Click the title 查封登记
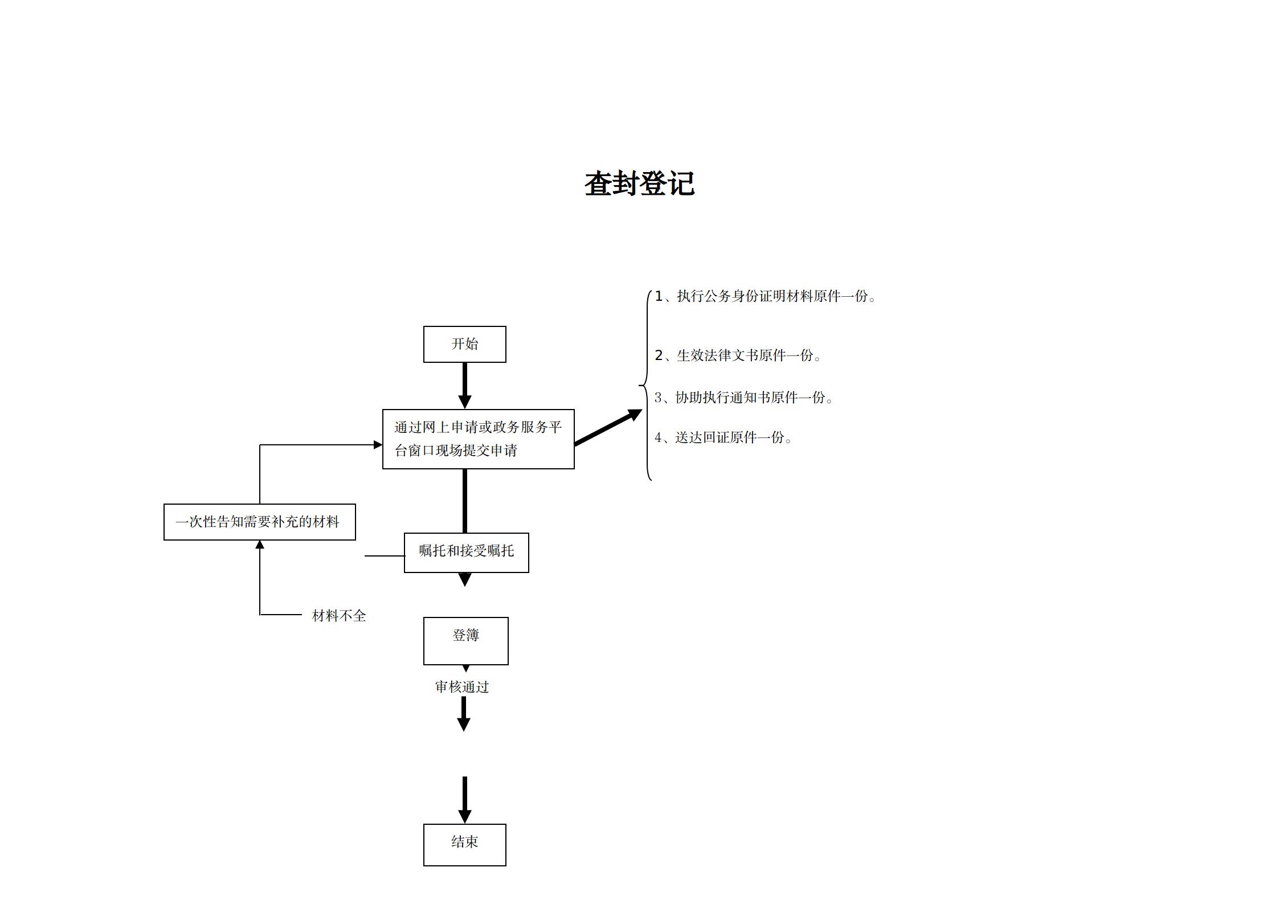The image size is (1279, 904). [639, 184]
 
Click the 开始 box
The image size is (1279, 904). [464, 344]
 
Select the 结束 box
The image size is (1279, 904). [464, 845]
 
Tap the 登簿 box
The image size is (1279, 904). [465, 641]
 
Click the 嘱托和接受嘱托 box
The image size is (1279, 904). [466, 553]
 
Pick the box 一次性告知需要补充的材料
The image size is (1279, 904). [259, 522]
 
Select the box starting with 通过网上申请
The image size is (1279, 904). [478, 439]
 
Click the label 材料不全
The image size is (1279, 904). [338, 616]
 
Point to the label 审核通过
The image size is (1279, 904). [462, 687]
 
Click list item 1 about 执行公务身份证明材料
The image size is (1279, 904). [765, 296]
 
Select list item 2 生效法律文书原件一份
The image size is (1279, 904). [737, 355]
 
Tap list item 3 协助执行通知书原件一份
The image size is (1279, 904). [743, 398]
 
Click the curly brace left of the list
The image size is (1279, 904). [647, 386]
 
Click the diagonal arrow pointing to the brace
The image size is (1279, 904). [607, 427]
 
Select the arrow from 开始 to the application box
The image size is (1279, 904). [464, 385]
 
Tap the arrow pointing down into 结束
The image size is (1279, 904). [464, 799]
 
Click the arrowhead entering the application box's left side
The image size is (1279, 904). [378, 444]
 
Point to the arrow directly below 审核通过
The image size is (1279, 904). [463, 714]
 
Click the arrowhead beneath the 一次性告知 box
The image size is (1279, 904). [260, 545]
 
